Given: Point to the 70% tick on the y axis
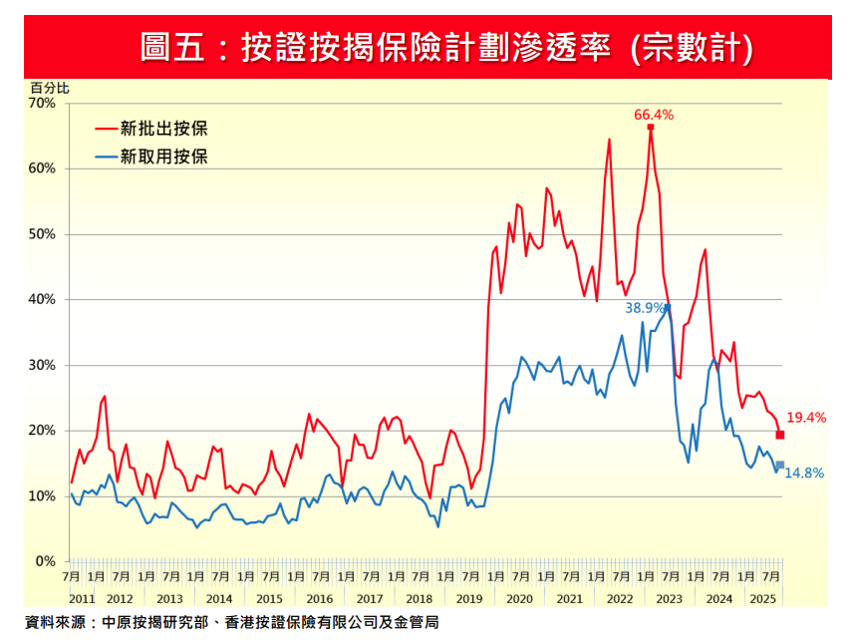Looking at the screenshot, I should [42, 103].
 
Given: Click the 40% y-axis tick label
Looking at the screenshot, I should [42, 299].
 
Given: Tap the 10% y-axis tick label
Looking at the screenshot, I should [42, 495].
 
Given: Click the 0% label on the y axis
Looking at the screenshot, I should [46, 561].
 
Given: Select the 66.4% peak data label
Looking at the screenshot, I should [654, 114].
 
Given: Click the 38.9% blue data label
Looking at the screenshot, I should [645, 307].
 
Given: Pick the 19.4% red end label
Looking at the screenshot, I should [806, 418].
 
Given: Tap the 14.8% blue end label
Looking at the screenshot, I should [804, 473].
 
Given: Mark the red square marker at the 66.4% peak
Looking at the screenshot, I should [651, 127].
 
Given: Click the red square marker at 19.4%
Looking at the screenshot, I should [780, 435].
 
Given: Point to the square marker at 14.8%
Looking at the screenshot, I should [780, 465].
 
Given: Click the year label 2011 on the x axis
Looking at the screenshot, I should [82, 598].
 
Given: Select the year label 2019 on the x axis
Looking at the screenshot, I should [469, 598].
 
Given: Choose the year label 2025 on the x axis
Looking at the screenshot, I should [762, 598].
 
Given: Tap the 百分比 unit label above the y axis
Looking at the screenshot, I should [50, 89].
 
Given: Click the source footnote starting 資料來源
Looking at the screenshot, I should [231, 622].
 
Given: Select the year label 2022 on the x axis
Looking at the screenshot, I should [620, 598].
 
